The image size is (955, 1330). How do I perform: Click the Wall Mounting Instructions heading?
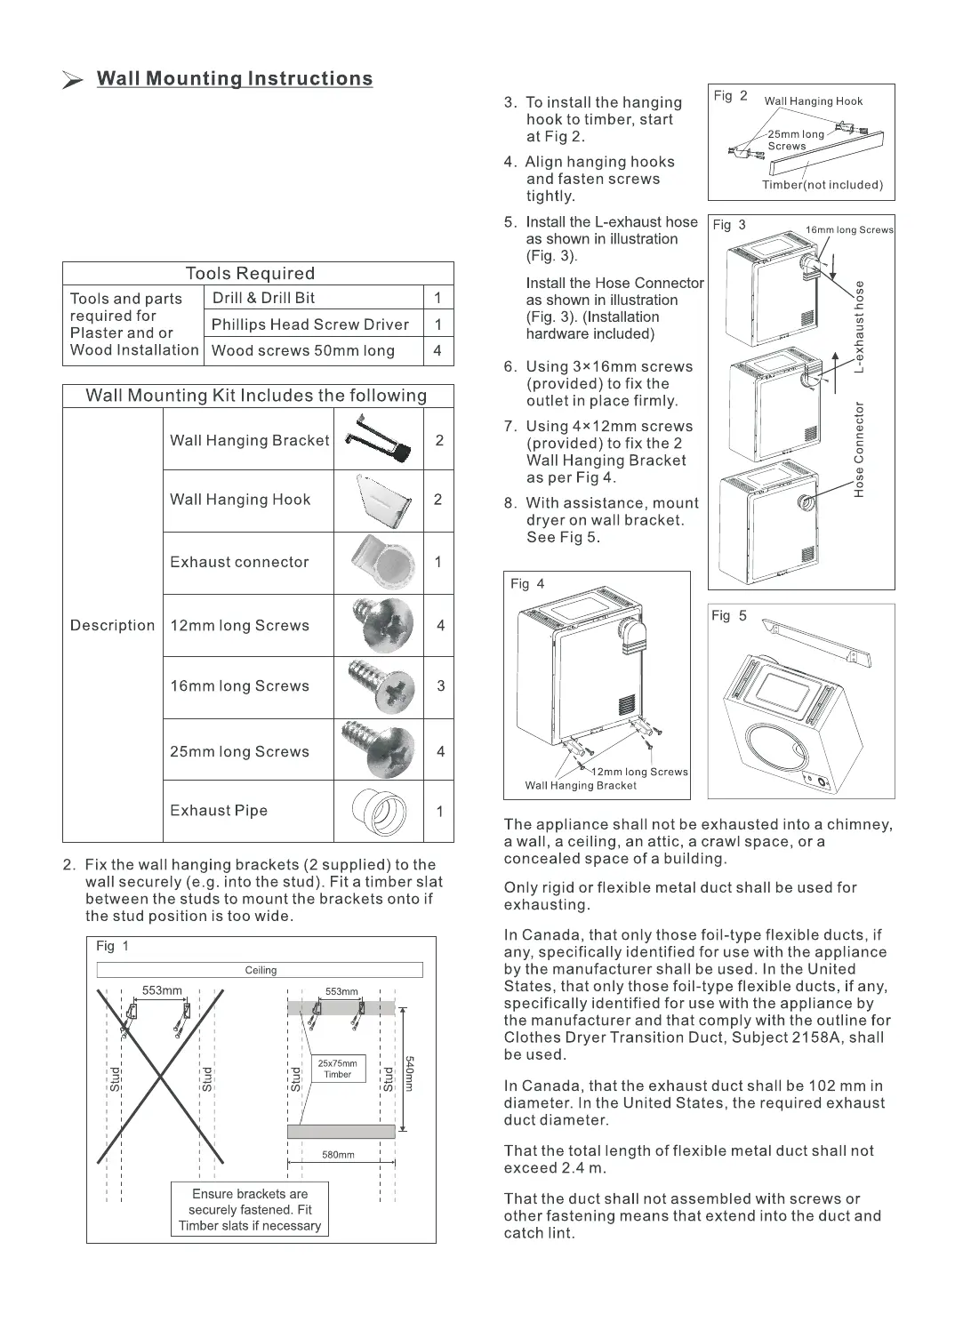(234, 79)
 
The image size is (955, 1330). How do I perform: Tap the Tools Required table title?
(250, 274)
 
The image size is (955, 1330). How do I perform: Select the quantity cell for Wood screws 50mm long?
(437, 350)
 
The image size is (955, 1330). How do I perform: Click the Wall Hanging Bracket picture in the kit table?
(378, 440)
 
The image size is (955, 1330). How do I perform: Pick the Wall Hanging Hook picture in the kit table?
(381, 501)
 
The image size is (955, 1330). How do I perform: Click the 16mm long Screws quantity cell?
(440, 686)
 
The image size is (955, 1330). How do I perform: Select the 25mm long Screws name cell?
(240, 751)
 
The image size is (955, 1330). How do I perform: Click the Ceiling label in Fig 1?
(261, 970)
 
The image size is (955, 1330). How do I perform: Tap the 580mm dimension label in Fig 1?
(338, 1155)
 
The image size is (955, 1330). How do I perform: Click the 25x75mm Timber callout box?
(337, 1069)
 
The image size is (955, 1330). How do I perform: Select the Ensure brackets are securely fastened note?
(250, 1209)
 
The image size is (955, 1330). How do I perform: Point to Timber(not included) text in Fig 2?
(822, 185)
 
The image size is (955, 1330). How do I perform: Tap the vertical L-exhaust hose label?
(859, 326)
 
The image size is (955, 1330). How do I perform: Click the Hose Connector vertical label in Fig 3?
(859, 449)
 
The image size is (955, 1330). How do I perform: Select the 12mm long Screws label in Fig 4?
(640, 772)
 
